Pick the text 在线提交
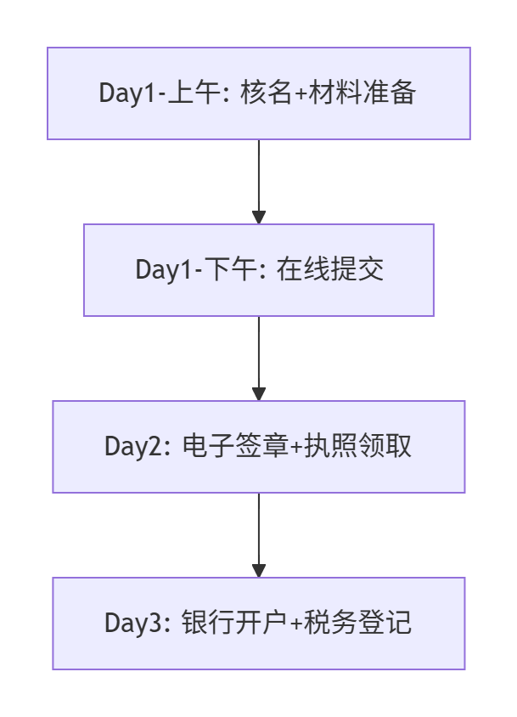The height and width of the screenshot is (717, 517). click(x=330, y=269)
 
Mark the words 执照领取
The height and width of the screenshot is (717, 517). click(x=363, y=446)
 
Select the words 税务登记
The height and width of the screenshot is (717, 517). click(x=363, y=623)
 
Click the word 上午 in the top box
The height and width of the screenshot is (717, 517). click(x=190, y=93)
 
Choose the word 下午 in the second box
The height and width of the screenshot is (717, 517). click(x=227, y=269)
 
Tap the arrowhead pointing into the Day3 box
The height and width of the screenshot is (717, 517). click(x=258, y=570)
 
